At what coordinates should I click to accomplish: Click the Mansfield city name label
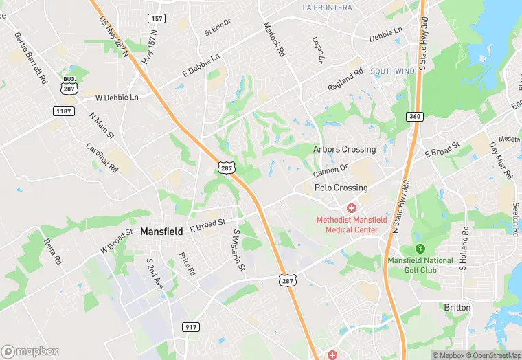click(x=161, y=232)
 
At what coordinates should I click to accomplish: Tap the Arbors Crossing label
click(x=344, y=149)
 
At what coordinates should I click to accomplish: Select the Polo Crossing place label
click(x=341, y=188)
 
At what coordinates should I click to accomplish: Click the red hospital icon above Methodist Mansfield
click(x=351, y=207)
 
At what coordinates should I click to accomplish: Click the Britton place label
click(x=457, y=307)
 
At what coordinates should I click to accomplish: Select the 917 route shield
click(x=191, y=326)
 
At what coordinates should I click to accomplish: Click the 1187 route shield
click(x=65, y=111)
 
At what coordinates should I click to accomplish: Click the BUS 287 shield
click(x=68, y=85)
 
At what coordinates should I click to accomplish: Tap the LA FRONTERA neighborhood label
click(x=327, y=8)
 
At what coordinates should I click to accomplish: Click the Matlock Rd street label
click(x=273, y=38)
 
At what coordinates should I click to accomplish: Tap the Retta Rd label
click(x=53, y=251)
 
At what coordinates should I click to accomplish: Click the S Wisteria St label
click(x=238, y=250)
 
